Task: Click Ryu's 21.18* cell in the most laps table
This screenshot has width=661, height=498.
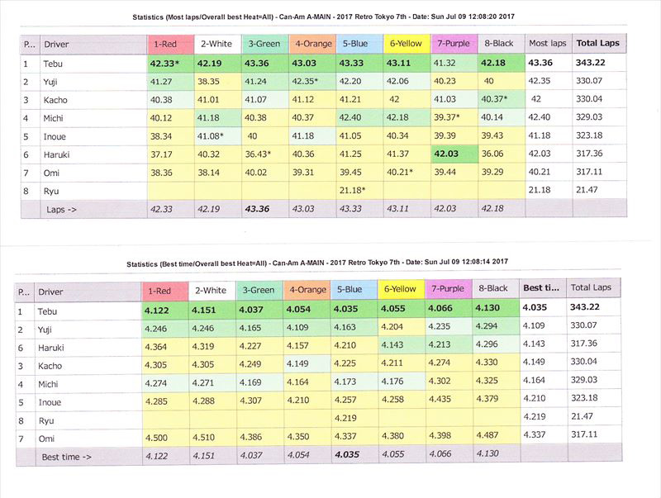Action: click(x=354, y=191)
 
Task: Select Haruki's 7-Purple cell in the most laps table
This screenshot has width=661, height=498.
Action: click(x=453, y=154)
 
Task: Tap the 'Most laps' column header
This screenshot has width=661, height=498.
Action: click(x=547, y=43)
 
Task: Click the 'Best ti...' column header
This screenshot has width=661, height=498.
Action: click(x=541, y=287)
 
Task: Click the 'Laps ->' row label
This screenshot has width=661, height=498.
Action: click(x=62, y=210)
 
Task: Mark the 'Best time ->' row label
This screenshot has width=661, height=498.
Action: click(x=68, y=456)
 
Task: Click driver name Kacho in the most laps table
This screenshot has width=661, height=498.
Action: click(x=57, y=99)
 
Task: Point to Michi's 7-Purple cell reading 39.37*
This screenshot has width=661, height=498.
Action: click(x=453, y=117)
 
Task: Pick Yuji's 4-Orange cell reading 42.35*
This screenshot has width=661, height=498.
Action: click(x=308, y=81)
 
